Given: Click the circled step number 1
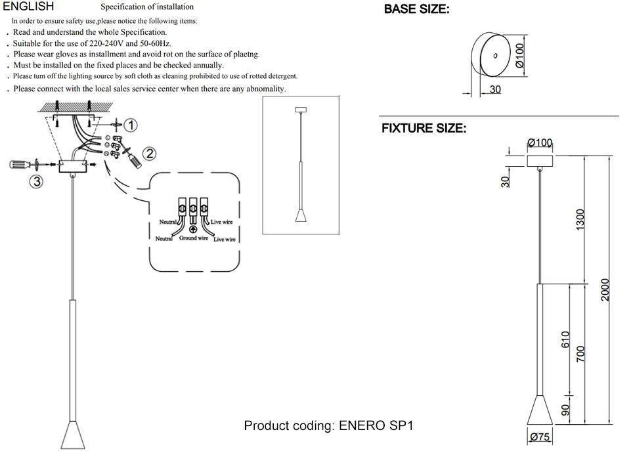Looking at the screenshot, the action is pyautogui.click(x=131, y=125).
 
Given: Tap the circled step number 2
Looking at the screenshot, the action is pyautogui.click(x=150, y=154).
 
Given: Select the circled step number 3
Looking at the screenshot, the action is pyautogui.click(x=37, y=181).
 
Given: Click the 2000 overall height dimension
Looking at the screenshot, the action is pyautogui.click(x=604, y=290).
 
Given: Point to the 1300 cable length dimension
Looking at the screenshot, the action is pyautogui.click(x=580, y=220).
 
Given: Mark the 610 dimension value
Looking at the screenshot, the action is pyautogui.click(x=565, y=339).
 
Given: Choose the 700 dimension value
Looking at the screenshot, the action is pyautogui.click(x=580, y=354).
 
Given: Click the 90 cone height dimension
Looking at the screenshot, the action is pyautogui.click(x=565, y=410).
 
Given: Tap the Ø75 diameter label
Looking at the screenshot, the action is pyautogui.click(x=540, y=437).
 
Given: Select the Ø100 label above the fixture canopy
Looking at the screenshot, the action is pyautogui.click(x=540, y=142).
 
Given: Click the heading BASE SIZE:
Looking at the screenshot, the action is pyautogui.click(x=416, y=9).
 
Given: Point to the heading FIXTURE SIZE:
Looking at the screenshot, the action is pyautogui.click(x=424, y=129).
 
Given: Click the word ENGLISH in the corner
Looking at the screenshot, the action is pyautogui.click(x=28, y=6).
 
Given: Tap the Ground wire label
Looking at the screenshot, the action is pyautogui.click(x=194, y=238).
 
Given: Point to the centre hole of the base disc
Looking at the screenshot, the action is pyautogui.click(x=495, y=56).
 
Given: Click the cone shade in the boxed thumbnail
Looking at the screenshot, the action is pyautogui.click(x=301, y=215).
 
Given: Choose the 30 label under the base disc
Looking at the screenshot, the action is pyautogui.click(x=495, y=89).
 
